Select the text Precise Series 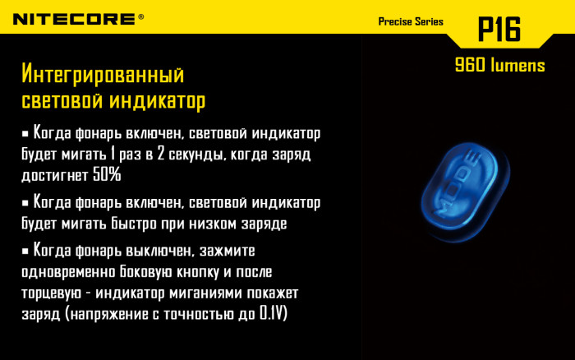pyautogui.click(x=411, y=21)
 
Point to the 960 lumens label pyautogui.click(x=499, y=66)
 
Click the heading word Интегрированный pyautogui.click(x=102, y=76)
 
